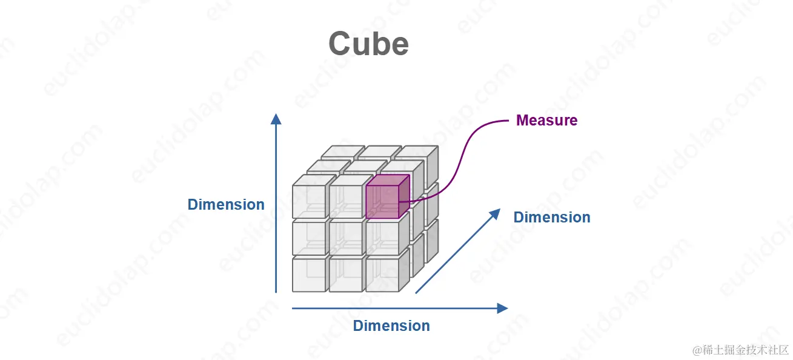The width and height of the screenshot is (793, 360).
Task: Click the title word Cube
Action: pyautogui.click(x=368, y=44)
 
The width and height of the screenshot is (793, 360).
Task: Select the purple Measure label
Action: pyautogui.click(x=546, y=121)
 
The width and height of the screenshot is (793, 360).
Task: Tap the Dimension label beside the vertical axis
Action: pyautogui.click(x=226, y=205)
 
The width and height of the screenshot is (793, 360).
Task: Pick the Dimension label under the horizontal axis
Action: pyautogui.click(x=391, y=326)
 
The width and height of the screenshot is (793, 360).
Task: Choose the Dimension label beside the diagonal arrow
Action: pyautogui.click(x=552, y=218)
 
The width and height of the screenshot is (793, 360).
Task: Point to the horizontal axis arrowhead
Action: pyautogui.click(x=502, y=308)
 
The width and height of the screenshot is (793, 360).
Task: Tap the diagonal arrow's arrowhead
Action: pyautogui.click(x=495, y=214)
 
